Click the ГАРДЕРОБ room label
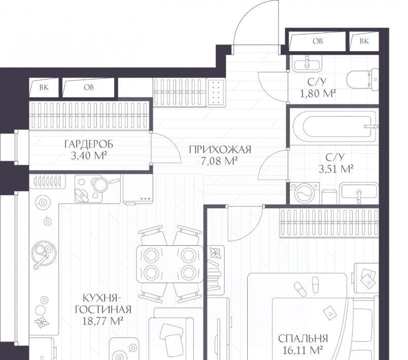point(89,144)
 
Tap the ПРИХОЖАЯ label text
point(220,150)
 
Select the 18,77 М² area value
point(103,321)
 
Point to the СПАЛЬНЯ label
point(303,339)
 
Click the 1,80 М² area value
point(318,94)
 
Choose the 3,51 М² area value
point(335,169)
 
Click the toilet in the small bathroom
point(363,80)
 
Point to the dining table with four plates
point(170,264)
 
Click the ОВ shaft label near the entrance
point(318,42)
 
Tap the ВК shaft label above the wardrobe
point(44,88)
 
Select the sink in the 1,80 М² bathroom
point(307,63)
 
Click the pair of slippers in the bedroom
point(307,286)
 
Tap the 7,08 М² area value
point(219,161)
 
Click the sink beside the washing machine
point(359,193)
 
